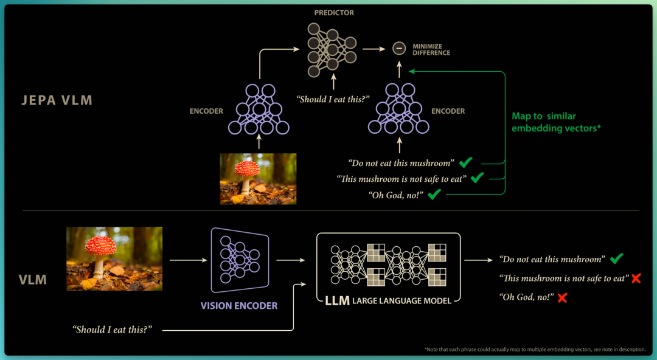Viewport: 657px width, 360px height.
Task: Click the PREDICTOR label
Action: pos(334,13)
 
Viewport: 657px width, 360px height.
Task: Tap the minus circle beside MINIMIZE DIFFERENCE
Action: pos(399,49)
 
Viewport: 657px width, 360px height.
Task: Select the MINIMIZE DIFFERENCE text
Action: pos(431,49)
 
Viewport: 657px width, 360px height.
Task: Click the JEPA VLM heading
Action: pos(57,100)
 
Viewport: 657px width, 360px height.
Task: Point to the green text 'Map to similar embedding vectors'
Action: pos(555,122)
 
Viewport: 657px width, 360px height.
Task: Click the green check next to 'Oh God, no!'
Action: pos(434,193)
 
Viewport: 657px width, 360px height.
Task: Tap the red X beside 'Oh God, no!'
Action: pos(562,297)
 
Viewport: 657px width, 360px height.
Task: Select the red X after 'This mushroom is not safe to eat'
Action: pos(636,278)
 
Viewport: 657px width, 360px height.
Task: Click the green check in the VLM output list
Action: pos(616,258)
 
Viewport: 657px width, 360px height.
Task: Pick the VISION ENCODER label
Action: pos(239,306)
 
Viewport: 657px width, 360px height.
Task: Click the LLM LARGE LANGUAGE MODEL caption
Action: pos(388,300)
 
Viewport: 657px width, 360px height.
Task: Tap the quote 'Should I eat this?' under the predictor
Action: pos(333,99)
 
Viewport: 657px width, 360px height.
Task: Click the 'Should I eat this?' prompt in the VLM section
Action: pos(113,330)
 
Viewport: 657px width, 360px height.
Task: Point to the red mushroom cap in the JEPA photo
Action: pos(247,168)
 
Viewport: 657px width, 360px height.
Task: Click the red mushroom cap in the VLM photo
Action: pos(100,246)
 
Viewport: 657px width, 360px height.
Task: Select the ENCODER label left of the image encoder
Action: pos(206,111)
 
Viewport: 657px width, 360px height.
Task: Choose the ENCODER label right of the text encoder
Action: pos(448,111)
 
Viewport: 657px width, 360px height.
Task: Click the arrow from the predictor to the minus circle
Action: pos(374,49)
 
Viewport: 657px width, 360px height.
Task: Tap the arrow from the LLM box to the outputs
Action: pos(479,260)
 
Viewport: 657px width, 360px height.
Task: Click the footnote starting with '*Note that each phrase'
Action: pos(535,350)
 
